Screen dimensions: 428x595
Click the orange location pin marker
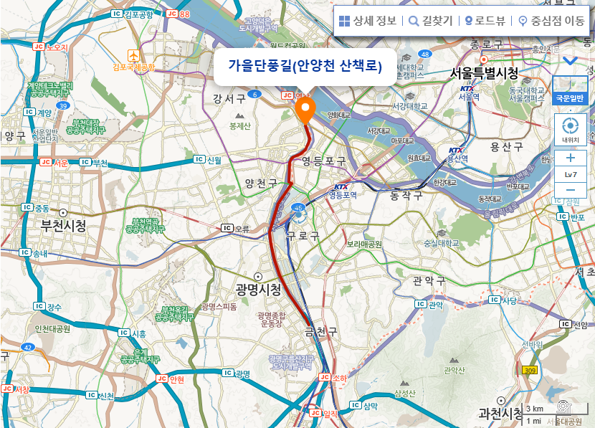point(305,110)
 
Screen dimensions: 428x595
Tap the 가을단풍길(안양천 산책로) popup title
point(305,66)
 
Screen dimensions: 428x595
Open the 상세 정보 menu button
point(368,21)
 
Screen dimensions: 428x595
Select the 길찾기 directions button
point(430,21)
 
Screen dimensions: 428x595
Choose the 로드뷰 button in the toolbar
point(487,21)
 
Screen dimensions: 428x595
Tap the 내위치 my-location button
point(570,129)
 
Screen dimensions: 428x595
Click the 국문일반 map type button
point(570,98)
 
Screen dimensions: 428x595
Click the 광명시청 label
point(258,289)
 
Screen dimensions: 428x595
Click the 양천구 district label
point(261,184)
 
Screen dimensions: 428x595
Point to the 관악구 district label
point(429,280)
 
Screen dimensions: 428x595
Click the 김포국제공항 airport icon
point(133,55)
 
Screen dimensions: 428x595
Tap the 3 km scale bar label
point(535,409)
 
